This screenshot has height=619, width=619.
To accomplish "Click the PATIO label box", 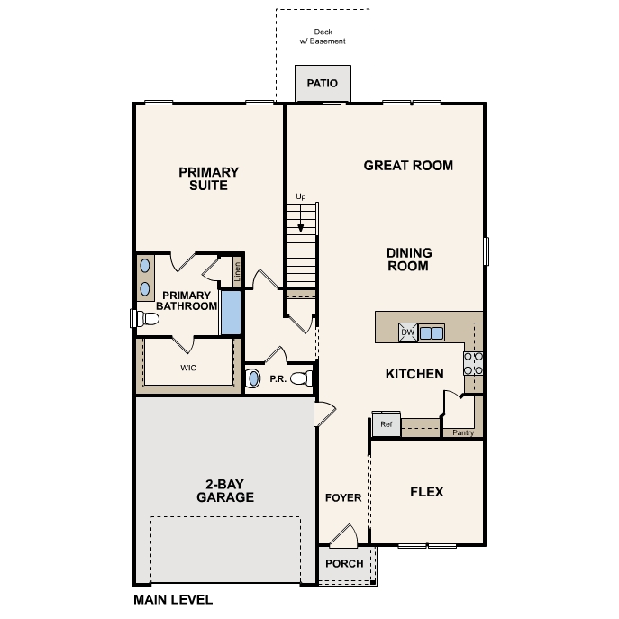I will click(x=322, y=84).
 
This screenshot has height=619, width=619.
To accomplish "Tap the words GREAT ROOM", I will click(x=408, y=166).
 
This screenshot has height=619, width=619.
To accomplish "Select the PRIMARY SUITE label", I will click(x=208, y=178).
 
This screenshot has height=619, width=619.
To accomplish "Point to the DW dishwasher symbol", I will click(x=407, y=332).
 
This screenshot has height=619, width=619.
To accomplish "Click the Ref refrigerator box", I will click(x=386, y=424).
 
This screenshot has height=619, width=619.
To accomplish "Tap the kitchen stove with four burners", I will click(x=472, y=362).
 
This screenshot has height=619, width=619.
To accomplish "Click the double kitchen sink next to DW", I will click(x=431, y=332).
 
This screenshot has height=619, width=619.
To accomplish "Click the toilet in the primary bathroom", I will click(x=139, y=317).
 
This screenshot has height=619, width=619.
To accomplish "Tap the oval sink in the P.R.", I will click(x=253, y=378).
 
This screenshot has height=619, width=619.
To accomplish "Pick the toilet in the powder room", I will click(x=306, y=378).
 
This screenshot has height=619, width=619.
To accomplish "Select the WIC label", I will click(x=188, y=368).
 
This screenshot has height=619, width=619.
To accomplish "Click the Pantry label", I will click(x=463, y=432).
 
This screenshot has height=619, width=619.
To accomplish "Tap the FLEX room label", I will click(x=426, y=492).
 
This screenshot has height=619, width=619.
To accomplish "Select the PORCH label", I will click(x=343, y=563).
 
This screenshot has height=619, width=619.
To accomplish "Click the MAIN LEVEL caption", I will click(x=173, y=599).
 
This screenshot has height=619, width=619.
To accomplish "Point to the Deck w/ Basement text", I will click(x=322, y=37).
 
